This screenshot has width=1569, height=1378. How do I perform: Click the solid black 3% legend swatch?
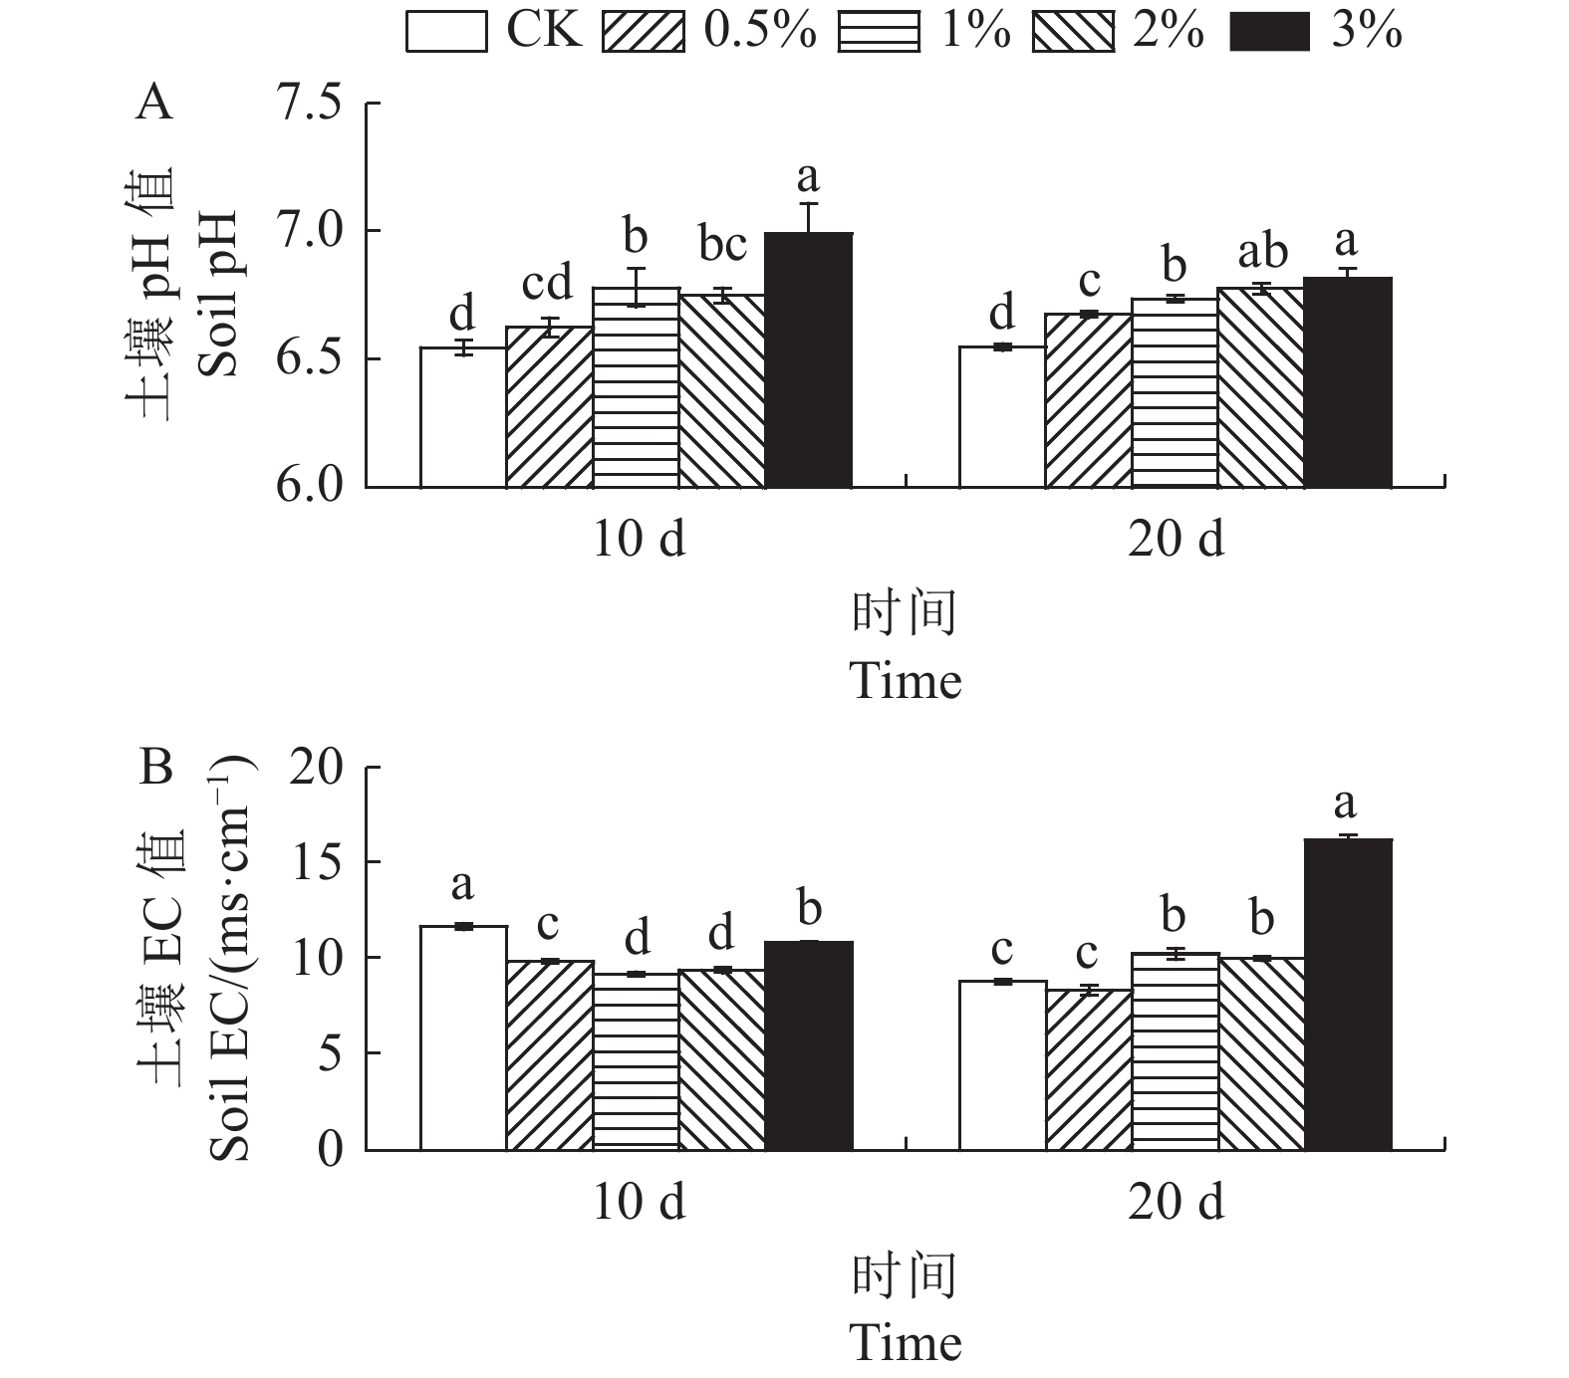pyautogui.click(x=1270, y=32)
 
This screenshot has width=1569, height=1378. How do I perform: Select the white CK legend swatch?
pyautogui.click(x=446, y=32)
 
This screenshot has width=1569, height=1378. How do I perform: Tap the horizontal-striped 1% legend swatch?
pyautogui.click(x=878, y=32)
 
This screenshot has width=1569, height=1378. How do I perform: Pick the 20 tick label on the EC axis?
pyautogui.click(x=317, y=768)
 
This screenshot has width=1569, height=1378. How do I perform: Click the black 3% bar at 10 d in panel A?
pyautogui.click(x=808, y=359)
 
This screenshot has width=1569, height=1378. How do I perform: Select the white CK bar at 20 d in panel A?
pyautogui.click(x=1001, y=417)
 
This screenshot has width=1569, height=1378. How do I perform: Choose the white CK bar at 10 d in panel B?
pyautogui.click(x=463, y=1037)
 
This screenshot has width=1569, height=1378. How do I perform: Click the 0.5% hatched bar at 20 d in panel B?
pyautogui.click(x=1088, y=1069)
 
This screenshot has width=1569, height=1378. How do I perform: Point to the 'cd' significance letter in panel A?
pyautogui.click(x=547, y=284)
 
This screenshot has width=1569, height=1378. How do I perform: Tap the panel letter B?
pyautogui.click(x=156, y=768)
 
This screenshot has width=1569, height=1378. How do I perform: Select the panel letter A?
pyautogui.click(x=154, y=103)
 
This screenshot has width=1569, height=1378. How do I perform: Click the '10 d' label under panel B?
pyautogui.click(x=639, y=1203)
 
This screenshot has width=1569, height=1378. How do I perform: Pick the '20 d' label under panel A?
pyautogui.click(x=1176, y=539)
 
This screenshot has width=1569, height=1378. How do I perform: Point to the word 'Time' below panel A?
pyautogui.click(x=906, y=682)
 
